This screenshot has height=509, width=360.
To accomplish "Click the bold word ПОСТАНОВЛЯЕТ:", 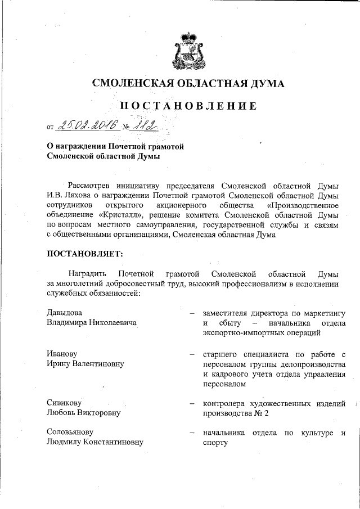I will pos(84,254).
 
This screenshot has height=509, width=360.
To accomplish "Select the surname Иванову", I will pos(62,354).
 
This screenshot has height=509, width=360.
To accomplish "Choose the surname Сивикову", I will pos(64,404).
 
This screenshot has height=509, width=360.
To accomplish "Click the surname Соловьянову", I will pos(70,432).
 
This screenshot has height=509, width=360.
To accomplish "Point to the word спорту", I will pos(215,442).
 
